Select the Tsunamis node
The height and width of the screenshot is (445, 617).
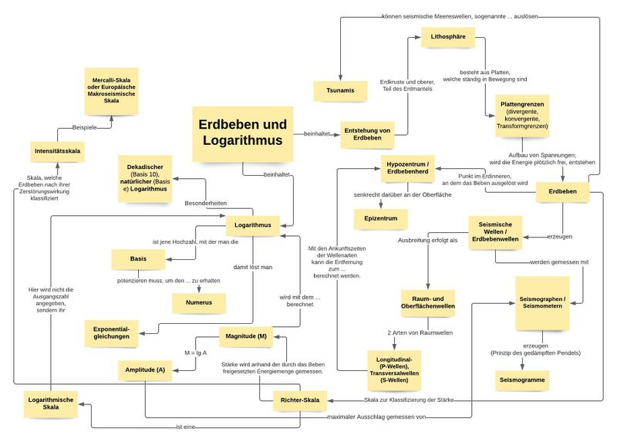pyautogui.click(x=339, y=91)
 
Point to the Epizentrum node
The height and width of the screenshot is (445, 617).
pyautogui.click(x=380, y=219)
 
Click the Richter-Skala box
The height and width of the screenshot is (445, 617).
pyautogui.click(x=300, y=401)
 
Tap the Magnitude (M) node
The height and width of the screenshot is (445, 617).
pyautogui.click(x=247, y=337)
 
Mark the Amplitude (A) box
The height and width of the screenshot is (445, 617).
pyautogui.click(x=145, y=370)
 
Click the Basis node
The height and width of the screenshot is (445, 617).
pyautogui.click(x=139, y=260)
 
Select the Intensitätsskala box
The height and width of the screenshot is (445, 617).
pyautogui.click(x=58, y=151)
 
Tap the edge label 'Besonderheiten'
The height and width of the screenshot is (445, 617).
pyautogui.click(x=205, y=203)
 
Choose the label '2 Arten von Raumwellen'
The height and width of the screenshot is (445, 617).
pyautogui.click(x=420, y=332)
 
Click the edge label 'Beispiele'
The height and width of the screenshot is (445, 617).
pyautogui.click(x=85, y=126)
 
